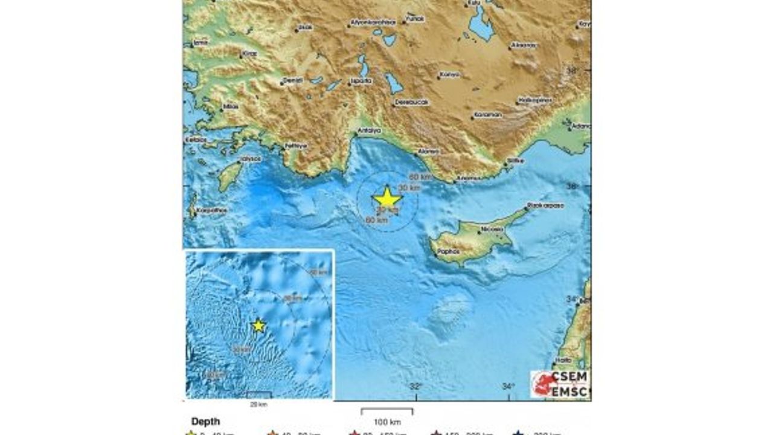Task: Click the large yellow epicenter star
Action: tap(387, 198)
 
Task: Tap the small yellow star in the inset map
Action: tap(258, 326)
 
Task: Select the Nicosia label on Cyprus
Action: tap(490, 230)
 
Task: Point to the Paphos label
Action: tap(448, 251)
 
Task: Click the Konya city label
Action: tap(449, 75)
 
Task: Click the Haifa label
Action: tap(563, 361)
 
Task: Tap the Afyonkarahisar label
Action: tap(373, 23)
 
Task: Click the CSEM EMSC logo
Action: tap(559, 384)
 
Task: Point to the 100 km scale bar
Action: tap(387, 411)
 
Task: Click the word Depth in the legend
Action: tap(205, 421)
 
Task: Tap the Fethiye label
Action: tap(296, 146)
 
